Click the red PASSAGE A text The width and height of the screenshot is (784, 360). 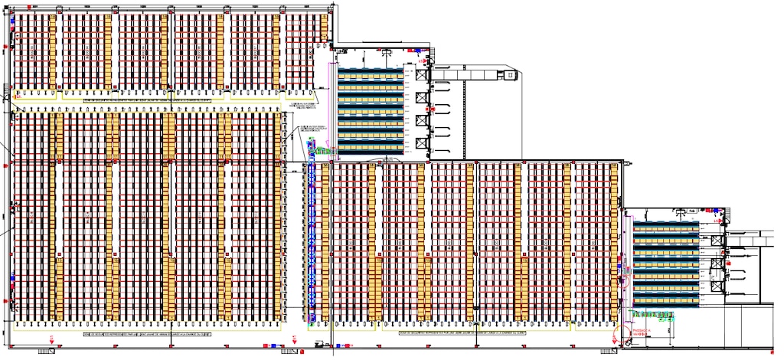(x=640, y=330)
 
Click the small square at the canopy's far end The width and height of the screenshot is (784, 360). (x=507, y=75)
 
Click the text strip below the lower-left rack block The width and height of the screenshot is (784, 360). (x=145, y=335)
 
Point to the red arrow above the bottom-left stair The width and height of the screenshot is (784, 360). (x=52, y=339)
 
